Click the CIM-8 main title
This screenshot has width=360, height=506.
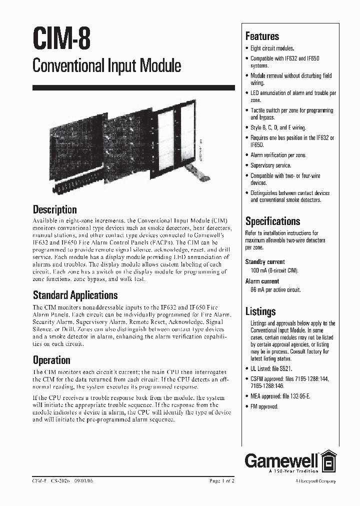pyautogui.click(x=61, y=39)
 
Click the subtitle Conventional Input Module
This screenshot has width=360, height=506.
pyautogui.click(x=106, y=65)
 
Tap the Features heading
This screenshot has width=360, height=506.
pyautogui.click(x=262, y=36)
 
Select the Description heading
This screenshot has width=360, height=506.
pyautogui.click(x=54, y=209)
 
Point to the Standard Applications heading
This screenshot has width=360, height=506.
pyautogui.click(x=75, y=295)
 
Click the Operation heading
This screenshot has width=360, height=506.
pyautogui.click(x=51, y=360)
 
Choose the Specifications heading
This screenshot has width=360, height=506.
pyautogui.click(x=272, y=221)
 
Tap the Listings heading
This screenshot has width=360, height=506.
pyautogui.click(x=260, y=311)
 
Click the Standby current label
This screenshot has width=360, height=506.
pyautogui.click(x=264, y=261)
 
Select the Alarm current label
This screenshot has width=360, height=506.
pyautogui.click(x=261, y=281)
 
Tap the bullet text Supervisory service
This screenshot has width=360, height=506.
pyautogui.click(x=270, y=165)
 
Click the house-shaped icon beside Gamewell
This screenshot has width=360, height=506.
pyautogui.click(x=327, y=460)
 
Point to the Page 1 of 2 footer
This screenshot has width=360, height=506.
pyautogui.click(x=221, y=481)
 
